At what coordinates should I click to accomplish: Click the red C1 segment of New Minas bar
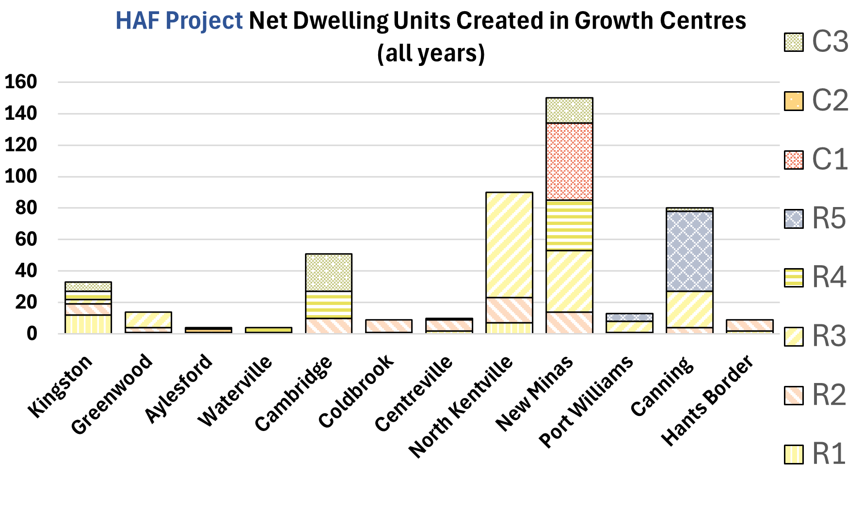click(569, 161)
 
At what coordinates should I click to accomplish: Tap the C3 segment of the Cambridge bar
click(329, 272)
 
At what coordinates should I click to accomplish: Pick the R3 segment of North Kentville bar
click(509, 244)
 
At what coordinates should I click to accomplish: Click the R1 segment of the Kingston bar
click(88, 324)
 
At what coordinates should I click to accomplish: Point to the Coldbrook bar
click(389, 326)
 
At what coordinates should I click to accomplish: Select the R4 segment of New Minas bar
click(569, 225)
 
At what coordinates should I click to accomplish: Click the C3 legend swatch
click(794, 42)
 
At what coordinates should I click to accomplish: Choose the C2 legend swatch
click(794, 101)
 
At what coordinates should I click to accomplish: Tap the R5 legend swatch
click(794, 219)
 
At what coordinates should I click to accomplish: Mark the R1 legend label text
click(829, 454)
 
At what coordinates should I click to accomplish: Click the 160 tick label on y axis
click(21, 82)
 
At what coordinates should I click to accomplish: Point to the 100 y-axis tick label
click(21, 176)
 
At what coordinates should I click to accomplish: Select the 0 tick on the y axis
click(32, 334)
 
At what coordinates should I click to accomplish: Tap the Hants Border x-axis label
click(708, 400)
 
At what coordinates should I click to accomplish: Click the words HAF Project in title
click(179, 21)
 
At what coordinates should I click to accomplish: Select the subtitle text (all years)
click(431, 53)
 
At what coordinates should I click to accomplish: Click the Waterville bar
click(269, 330)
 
